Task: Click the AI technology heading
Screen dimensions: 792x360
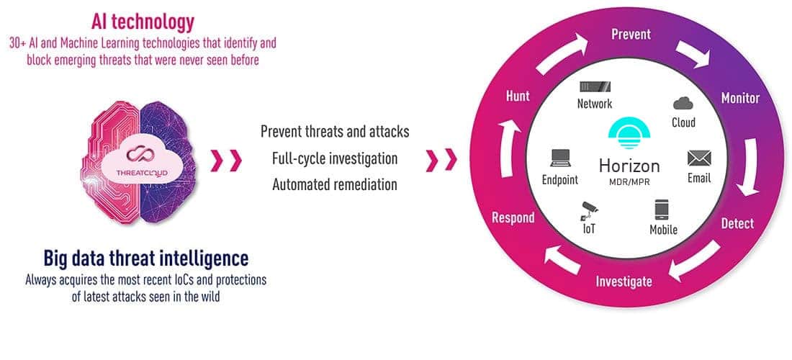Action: (x=143, y=22)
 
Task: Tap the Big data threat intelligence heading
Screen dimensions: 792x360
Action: (x=146, y=258)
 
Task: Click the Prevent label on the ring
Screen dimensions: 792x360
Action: (x=631, y=35)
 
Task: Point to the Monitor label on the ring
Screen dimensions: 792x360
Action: (x=740, y=97)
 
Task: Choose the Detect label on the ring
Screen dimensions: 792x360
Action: (x=737, y=223)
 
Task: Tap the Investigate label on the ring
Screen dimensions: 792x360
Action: (x=624, y=282)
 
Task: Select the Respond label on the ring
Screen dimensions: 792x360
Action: (x=513, y=217)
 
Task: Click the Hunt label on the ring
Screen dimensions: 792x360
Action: (x=518, y=96)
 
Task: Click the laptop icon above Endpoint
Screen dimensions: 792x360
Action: (x=560, y=158)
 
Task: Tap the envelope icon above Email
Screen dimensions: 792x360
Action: (x=699, y=158)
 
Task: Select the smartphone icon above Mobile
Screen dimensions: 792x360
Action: (x=662, y=210)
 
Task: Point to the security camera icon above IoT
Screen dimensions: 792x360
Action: (x=589, y=210)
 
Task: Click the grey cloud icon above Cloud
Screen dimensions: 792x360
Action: (x=683, y=104)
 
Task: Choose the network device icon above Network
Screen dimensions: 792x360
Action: (x=595, y=86)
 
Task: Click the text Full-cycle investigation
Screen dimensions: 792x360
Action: (x=335, y=158)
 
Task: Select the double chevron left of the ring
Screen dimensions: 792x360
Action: (x=441, y=160)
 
